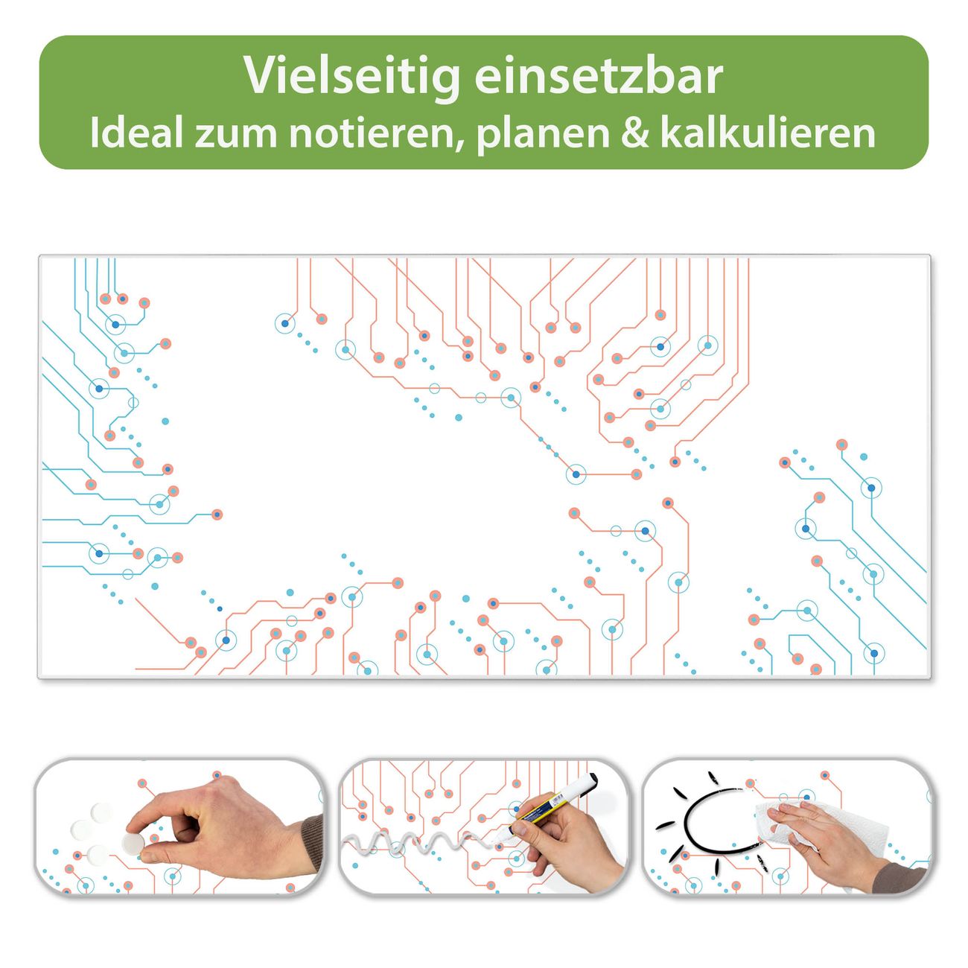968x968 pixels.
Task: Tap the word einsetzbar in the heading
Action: tap(599, 77)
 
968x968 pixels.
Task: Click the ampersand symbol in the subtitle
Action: tap(637, 133)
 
